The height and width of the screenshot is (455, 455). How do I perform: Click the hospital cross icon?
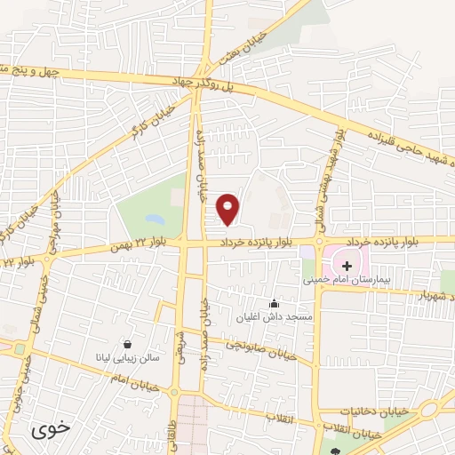(x=347, y=266)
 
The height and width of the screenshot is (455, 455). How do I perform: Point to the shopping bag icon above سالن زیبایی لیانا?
(x=129, y=345)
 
